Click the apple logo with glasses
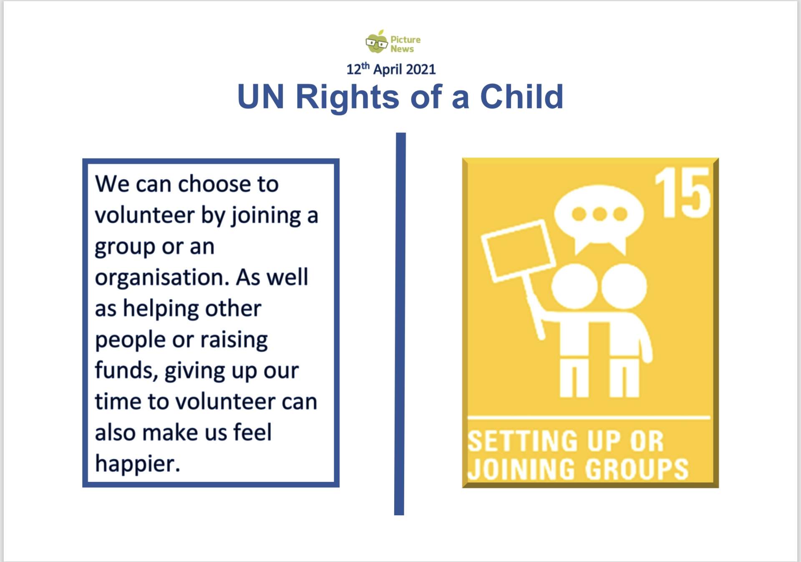point(376,41)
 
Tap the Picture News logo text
point(405,44)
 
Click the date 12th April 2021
point(391,69)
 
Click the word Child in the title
point(521,96)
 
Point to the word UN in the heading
point(261,97)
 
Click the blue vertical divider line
point(400,324)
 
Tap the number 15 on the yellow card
point(683,192)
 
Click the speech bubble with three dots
point(599,219)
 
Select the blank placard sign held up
point(518,251)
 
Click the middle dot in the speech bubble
point(599,214)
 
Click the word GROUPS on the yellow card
point(637,469)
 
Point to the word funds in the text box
point(124,370)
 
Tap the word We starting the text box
point(112,184)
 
